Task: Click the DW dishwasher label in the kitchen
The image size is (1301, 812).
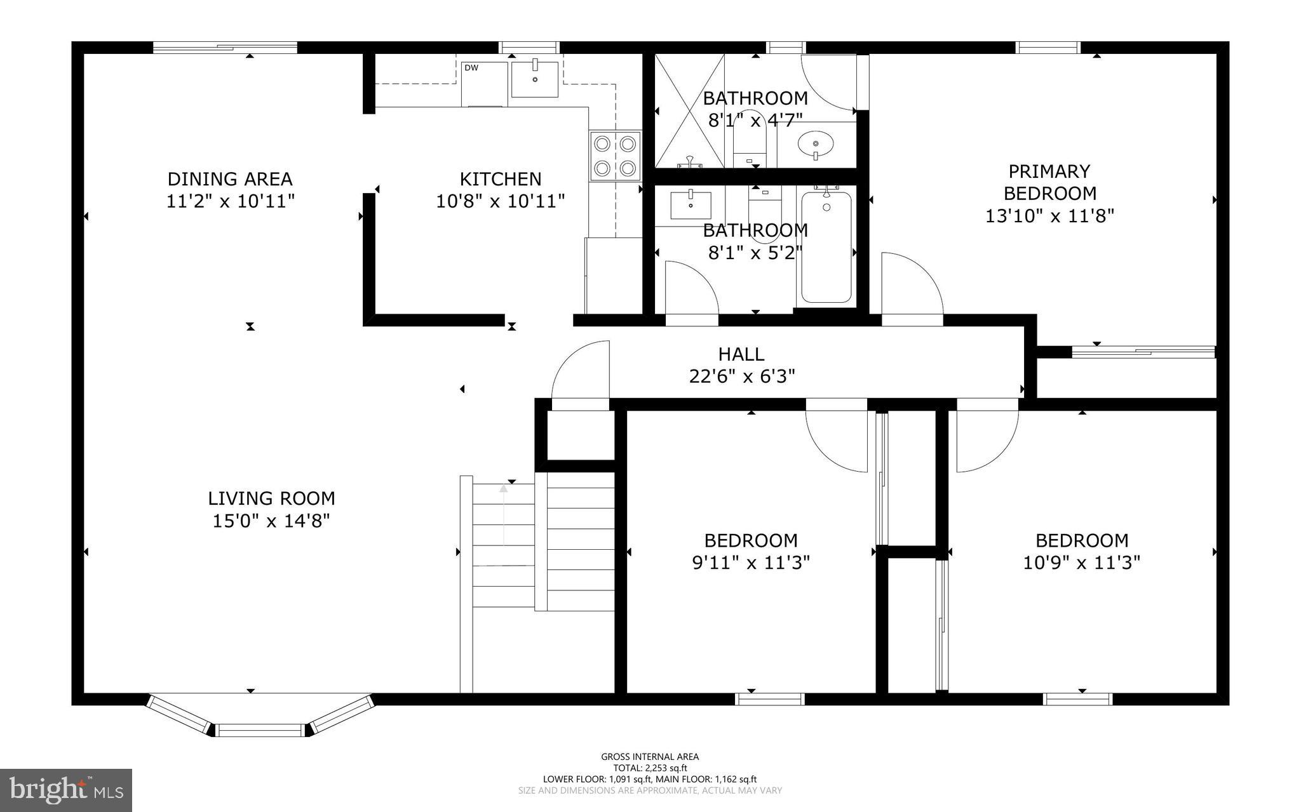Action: pyautogui.click(x=471, y=68)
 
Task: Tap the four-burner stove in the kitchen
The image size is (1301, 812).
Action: pyautogui.click(x=614, y=156)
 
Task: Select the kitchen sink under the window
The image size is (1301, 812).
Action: pyautogui.click(x=535, y=79)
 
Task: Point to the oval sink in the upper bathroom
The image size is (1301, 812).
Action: pyautogui.click(x=816, y=143)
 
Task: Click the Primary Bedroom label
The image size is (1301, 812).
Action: pyautogui.click(x=1049, y=182)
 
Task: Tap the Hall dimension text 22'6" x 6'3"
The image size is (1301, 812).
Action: pyautogui.click(x=742, y=376)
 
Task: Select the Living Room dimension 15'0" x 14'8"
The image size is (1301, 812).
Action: pyautogui.click(x=271, y=521)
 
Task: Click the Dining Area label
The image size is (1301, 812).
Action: pyautogui.click(x=230, y=178)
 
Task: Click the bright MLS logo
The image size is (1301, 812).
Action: pyautogui.click(x=66, y=790)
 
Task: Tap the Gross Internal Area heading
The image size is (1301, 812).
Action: pyautogui.click(x=650, y=756)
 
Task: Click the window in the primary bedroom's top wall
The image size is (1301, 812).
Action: pyautogui.click(x=1048, y=48)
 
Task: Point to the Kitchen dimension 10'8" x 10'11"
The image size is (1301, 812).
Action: pyautogui.click(x=500, y=202)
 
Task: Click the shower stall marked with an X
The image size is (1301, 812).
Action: pyautogui.click(x=689, y=110)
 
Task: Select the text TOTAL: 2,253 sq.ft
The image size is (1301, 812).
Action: pyautogui.click(x=650, y=768)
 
